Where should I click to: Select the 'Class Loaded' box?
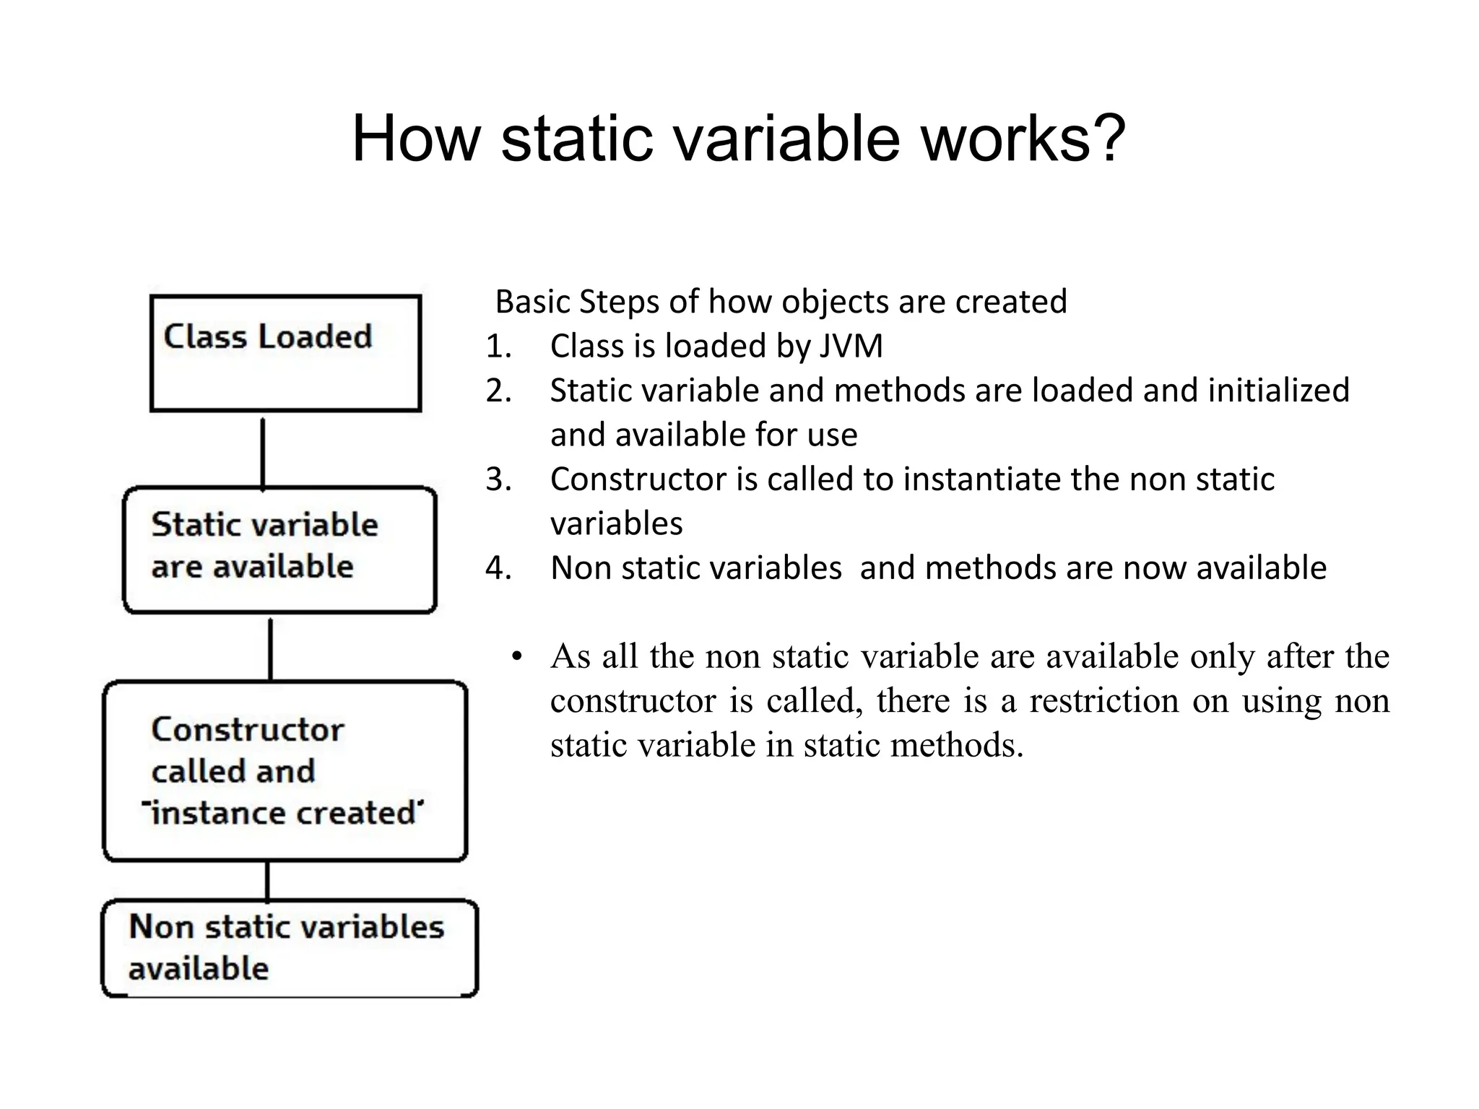click(x=285, y=353)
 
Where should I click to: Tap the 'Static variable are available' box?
click(x=279, y=549)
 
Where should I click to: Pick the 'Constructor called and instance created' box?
click(x=285, y=770)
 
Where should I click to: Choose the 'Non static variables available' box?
click(x=289, y=948)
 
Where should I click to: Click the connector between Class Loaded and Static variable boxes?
click(x=263, y=452)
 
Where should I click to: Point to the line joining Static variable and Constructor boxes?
click(x=270, y=648)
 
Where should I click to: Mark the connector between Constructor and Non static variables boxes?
click(x=267, y=880)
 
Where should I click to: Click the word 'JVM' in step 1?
click(x=851, y=346)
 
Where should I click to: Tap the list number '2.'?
click(x=498, y=391)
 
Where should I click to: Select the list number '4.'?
click(x=498, y=568)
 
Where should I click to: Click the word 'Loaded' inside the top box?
click(x=315, y=336)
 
